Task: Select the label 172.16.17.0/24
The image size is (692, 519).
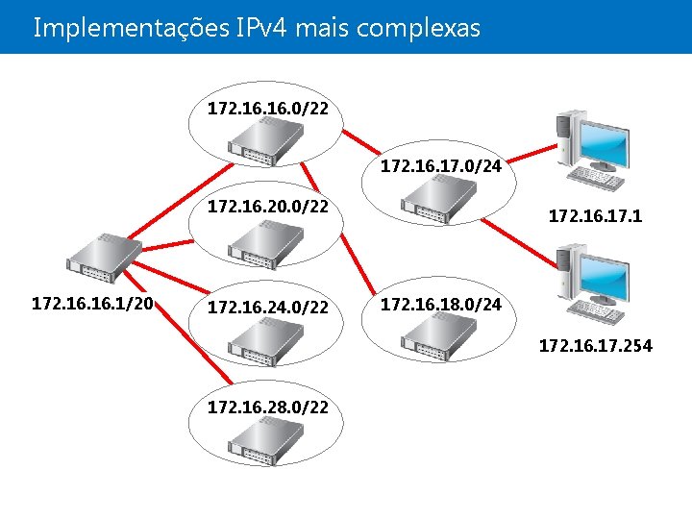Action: click(441, 167)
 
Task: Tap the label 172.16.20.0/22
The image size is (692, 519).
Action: click(268, 208)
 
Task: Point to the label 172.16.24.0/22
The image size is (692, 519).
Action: click(268, 309)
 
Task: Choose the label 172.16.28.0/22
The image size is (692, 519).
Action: click(268, 408)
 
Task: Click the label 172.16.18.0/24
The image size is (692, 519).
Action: click(441, 306)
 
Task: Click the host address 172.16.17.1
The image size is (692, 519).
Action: click(595, 218)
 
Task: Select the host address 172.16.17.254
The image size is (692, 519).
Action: click(595, 345)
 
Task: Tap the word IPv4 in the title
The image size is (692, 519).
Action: click(259, 28)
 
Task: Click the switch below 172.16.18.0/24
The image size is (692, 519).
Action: click(439, 338)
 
